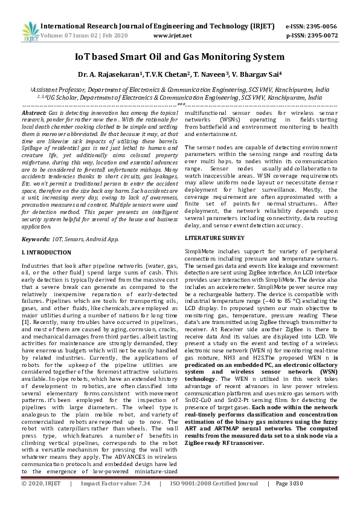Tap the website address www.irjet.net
[x=173, y=36]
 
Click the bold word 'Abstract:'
[x=34, y=113]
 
